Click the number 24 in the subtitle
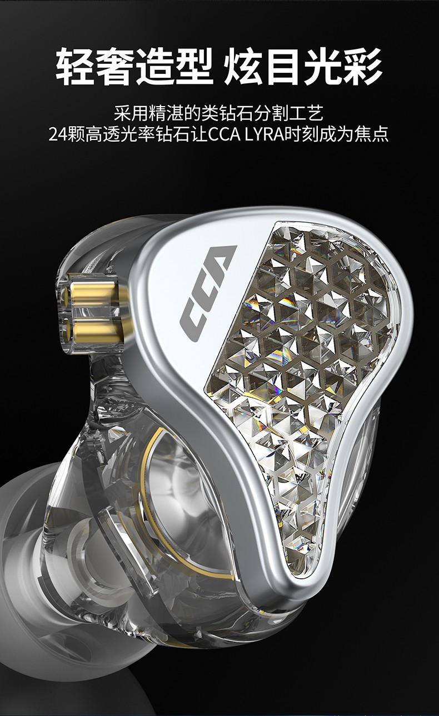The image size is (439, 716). click(57, 134)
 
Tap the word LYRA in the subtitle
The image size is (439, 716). click(264, 134)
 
